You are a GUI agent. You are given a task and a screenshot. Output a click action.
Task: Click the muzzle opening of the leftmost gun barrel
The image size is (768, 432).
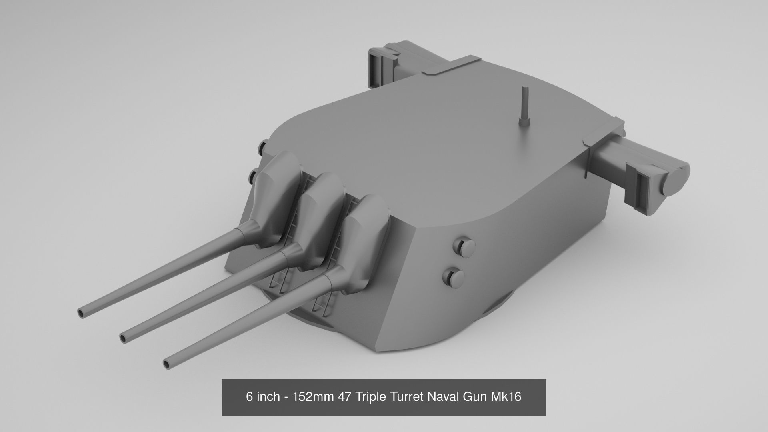pyautogui.click(x=81, y=313)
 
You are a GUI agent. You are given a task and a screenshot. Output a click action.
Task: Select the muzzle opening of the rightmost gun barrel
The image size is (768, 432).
pyautogui.click(x=167, y=363)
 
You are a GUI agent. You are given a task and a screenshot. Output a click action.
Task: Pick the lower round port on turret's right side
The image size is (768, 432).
pyautogui.click(x=454, y=277)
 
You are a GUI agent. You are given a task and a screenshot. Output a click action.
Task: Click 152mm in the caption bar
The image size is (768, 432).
pyautogui.click(x=314, y=397)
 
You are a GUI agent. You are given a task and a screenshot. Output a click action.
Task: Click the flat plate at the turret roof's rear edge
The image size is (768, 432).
pyautogui.click(x=452, y=66)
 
